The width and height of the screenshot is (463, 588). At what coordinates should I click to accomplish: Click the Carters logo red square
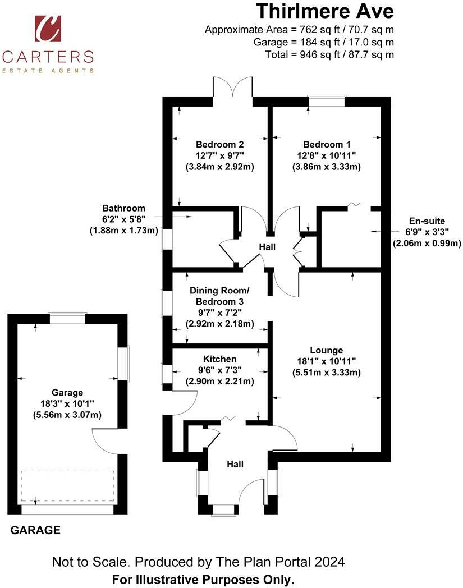pyautogui.click(x=48, y=28)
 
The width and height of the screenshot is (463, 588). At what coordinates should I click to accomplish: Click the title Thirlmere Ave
pyautogui.click(x=325, y=11)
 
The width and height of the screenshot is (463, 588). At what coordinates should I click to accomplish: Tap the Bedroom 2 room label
pyautogui.click(x=220, y=144)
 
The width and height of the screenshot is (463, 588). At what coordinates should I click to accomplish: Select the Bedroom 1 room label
pyautogui.click(x=327, y=144)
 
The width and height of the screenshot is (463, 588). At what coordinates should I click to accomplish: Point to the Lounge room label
pyautogui.click(x=327, y=350)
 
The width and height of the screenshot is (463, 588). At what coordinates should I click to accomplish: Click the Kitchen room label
pyautogui.click(x=220, y=359)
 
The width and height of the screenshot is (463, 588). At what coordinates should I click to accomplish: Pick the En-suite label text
pyautogui.click(x=427, y=221)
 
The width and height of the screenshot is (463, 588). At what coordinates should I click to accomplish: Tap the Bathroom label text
pyautogui.click(x=124, y=208)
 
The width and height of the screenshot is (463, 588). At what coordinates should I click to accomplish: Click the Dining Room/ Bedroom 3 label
pyautogui.click(x=219, y=296)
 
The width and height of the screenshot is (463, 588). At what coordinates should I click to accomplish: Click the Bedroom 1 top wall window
pyautogui.click(x=326, y=101)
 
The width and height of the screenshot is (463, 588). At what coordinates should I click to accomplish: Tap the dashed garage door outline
pyautogui.click(x=67, y=486)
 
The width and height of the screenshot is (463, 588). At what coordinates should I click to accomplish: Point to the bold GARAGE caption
pyautogui.click(x=35, y=530)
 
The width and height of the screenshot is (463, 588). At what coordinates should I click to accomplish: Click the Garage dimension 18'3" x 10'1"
pyautogui.click(x=67, y=403)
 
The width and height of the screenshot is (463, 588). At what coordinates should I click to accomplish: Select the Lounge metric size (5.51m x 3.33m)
pyautogui.click(x=327, y=373)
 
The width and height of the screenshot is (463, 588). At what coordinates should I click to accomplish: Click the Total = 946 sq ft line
pyautogui.click(x=329, y=55)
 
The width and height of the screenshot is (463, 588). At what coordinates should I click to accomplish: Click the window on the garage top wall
pyautogui.click(x=68, y=318)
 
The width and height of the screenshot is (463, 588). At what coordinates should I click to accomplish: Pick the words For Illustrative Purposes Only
pyautogui.click(x=203, y=580)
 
